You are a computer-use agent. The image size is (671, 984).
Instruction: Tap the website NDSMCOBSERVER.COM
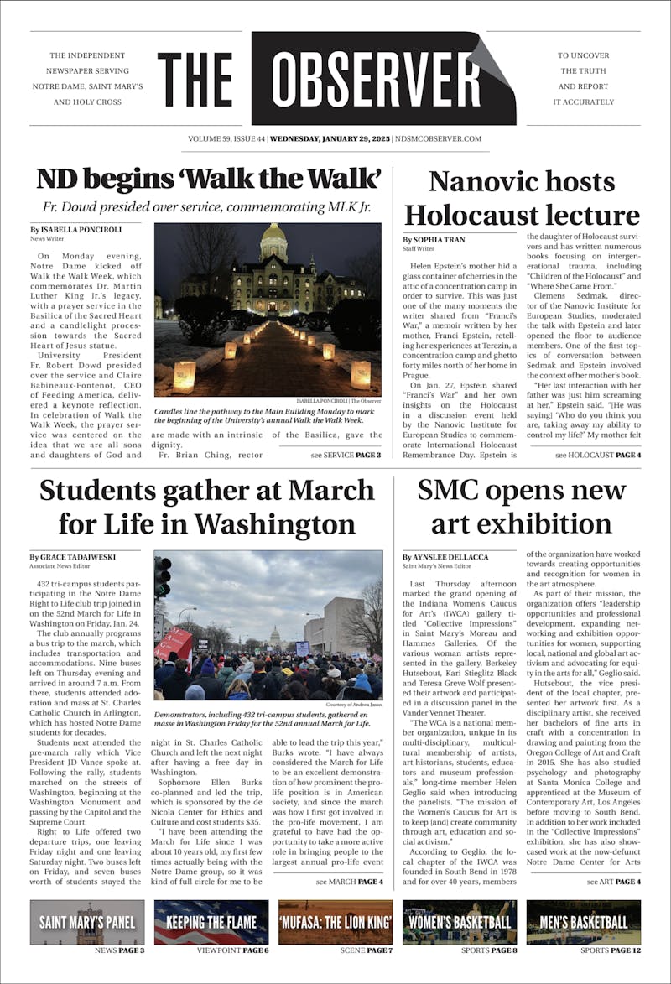pyautogui.click(x=439, y=139)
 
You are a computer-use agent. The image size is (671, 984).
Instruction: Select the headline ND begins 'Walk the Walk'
pyautogui.click(x=209, y=180)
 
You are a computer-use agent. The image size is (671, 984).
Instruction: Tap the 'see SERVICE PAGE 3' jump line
pyautogui.click(x=346, y=456)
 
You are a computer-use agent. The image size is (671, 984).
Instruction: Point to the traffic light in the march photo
pyautogui.click(x=162, y=576)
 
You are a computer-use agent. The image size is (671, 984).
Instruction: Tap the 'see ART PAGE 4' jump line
pyautogui.click(x=614, y=882)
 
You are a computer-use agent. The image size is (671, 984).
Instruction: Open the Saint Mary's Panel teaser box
pyautogui.click(x=87, y=922)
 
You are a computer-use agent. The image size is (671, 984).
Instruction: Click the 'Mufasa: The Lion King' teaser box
pyautogui.click(x=335, y=922)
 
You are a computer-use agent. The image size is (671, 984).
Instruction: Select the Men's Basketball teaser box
pyautogui.click(x=584, y=922)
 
